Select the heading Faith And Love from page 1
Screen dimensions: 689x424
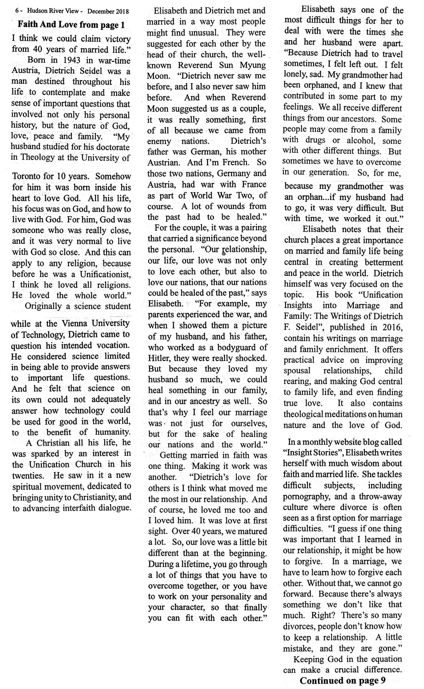tap(71, 25)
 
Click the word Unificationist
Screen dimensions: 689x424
tap(105, 274)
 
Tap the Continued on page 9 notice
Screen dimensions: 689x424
tap(342, 681)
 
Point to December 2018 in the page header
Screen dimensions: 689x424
tap(108, 12)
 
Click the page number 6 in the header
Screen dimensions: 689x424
tap(17, 12)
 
